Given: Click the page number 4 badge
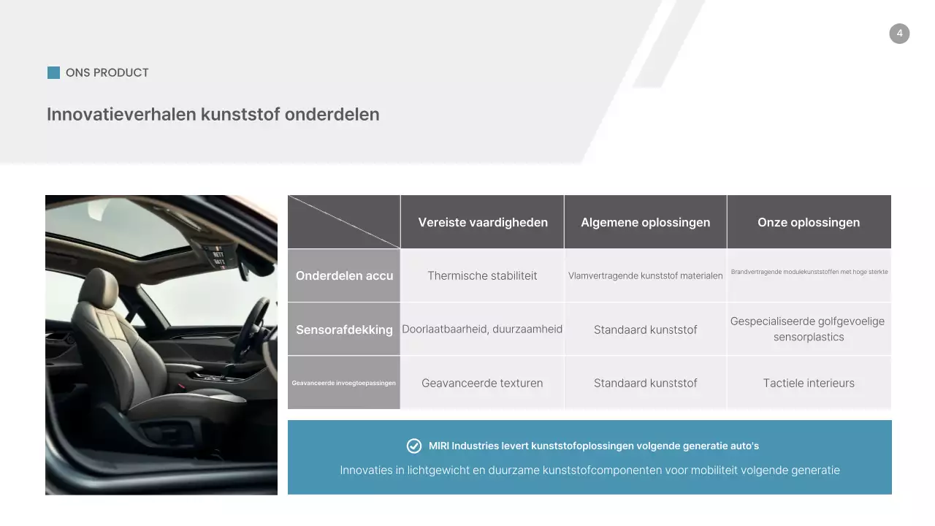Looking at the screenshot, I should [x=899, y=34].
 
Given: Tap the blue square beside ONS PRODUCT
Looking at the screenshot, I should [x=53, y=72].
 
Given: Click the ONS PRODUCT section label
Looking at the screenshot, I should [x=107, y=72].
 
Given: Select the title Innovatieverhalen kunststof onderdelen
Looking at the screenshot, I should [x=213, y=114].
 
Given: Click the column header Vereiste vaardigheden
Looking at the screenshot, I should [x=483, y=222].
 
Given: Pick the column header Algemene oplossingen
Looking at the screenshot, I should [x=645, y=222].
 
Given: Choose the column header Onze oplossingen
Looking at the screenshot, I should [x=809, y=222].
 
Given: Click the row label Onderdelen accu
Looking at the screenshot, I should [x=344, y=275].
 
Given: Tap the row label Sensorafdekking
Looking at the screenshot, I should [x=344, y=329].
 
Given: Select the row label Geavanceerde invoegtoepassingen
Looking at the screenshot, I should [x=344, y=383].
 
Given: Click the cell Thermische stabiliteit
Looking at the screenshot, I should [x=482, y=275].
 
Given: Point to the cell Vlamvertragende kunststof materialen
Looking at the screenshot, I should [x=645, y=275].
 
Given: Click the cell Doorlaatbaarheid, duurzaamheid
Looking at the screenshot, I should [x=482, y=329].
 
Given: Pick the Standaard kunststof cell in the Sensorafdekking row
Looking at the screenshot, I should [x=645, y=329].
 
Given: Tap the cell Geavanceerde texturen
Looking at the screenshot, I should [x=482, y=383].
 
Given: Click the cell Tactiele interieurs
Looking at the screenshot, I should [x=809, y=383].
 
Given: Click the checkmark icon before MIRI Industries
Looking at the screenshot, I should [x=414, y=446].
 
